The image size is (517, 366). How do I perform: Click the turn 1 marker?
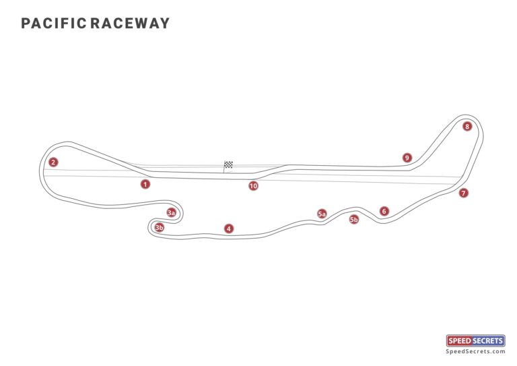[x=145, y=183]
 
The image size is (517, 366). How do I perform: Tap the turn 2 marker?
[x=53, y=162]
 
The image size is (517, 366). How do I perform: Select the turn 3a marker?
[x=172, y=213]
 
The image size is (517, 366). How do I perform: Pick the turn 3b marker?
[x=160, y=228]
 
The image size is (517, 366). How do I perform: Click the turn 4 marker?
[x=229, y=228]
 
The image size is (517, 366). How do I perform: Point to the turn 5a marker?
[x=322, y=214]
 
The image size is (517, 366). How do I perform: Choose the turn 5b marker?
[x=354, y=219]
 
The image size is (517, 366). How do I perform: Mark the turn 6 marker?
[x=384, y=211]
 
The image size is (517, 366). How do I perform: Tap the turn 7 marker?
[x=463, y=193]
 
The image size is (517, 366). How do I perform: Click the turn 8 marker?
[x=467, y=126]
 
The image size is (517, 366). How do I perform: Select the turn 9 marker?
[x=407, y=158]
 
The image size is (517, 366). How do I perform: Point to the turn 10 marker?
[x=253, y=186]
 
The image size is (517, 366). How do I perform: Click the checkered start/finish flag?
[x=228, y=164]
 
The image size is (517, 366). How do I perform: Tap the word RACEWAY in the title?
[x=131, y=24]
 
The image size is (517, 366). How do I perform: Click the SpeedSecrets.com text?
[x=475, y=351]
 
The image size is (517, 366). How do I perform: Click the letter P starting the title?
[x=26, y=24]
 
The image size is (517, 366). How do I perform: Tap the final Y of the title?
[x=165, y=24]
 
